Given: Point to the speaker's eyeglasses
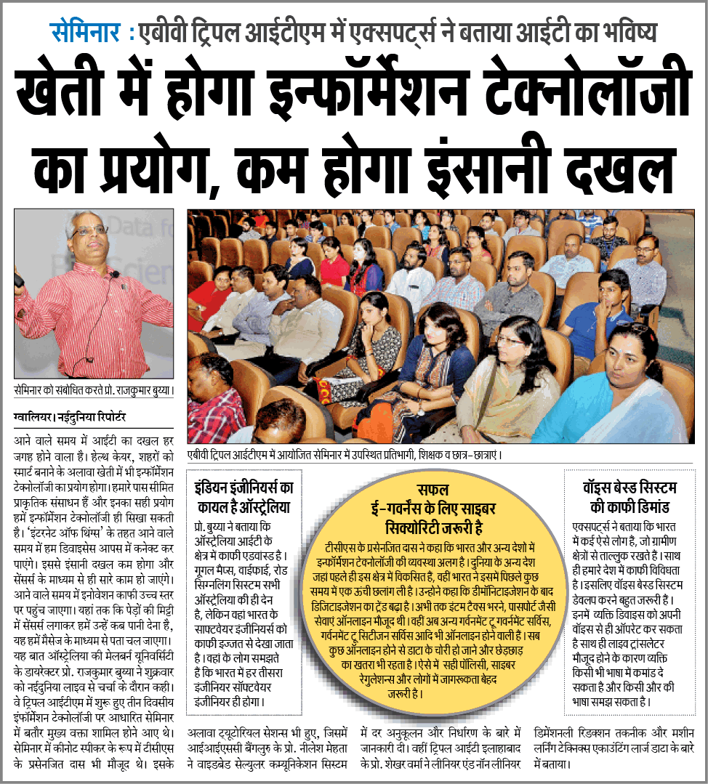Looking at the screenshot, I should [x=91, y=230].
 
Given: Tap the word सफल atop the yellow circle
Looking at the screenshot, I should [x=433, y=489].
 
